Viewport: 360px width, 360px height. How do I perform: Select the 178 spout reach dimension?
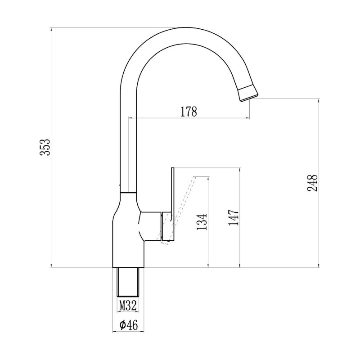pyautogui.click(x=189, y=111)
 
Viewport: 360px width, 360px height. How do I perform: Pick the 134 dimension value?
pyautogui.click(x=202, y=221)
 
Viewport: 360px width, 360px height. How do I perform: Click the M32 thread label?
pyautogui.click(x=128, y=306)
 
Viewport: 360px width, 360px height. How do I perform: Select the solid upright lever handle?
pyautogui.click(x=172, y=202)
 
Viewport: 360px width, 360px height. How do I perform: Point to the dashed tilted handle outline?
pyautogui.click(x=182, y=207)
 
